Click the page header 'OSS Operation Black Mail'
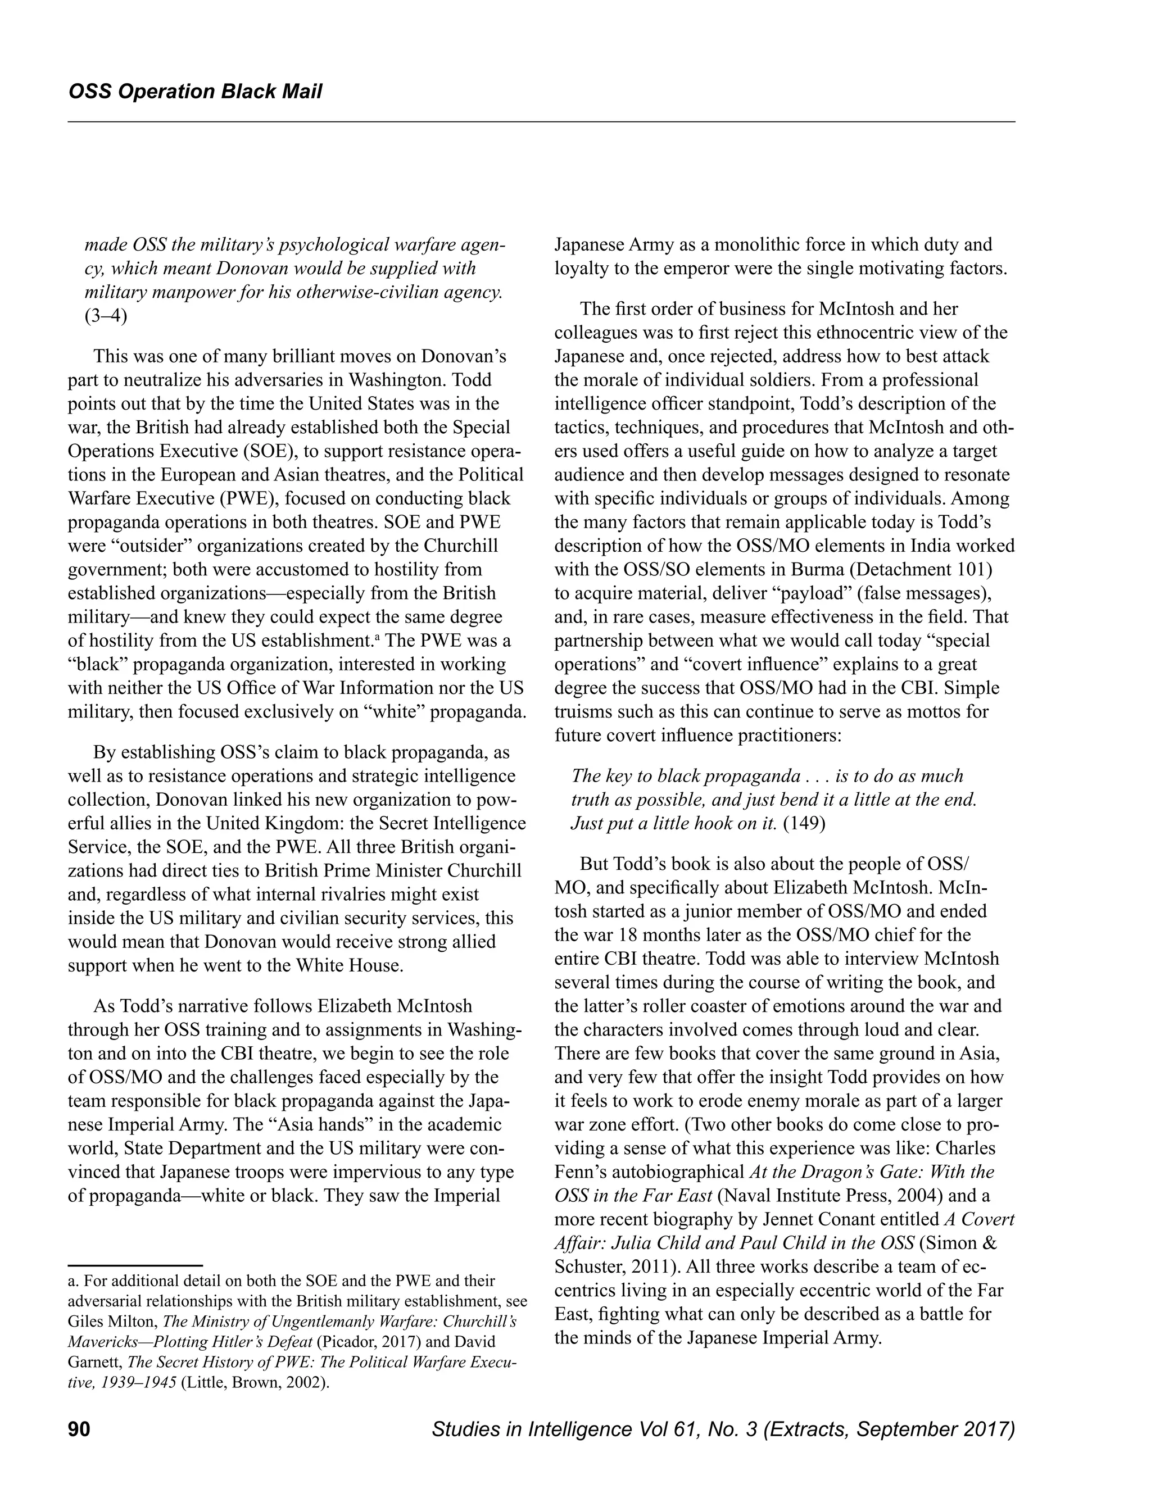click(195, 92)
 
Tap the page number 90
click(79, 1428)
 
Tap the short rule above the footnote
click(135, 1265)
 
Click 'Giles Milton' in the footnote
click(112, 1322)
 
